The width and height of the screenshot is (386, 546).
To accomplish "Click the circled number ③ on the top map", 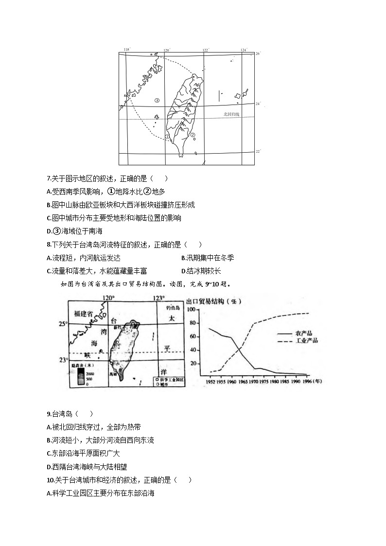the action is coord(157,101).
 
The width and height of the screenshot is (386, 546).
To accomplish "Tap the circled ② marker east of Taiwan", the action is coord(193,136).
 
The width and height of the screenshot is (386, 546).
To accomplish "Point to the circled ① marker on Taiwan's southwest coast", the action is coord(167,137).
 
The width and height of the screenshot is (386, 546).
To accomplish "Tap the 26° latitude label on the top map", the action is coord(258,53).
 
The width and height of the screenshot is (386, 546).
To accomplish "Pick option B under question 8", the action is coord(183,258).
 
